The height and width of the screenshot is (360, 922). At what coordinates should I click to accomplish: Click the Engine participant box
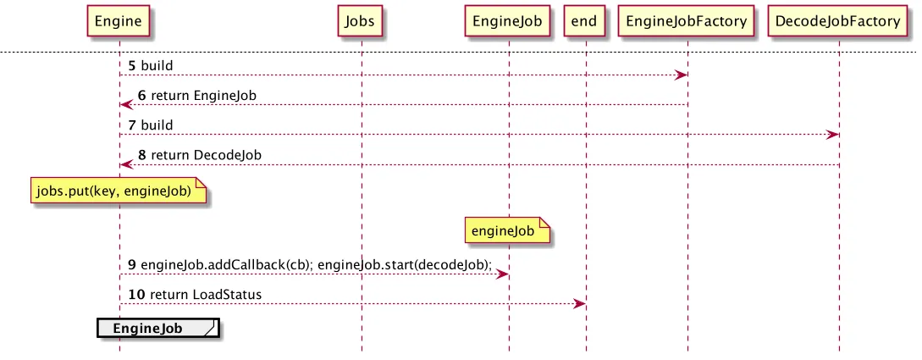[x=119, y=22]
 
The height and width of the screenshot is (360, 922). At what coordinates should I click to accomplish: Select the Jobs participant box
[x=360, y=22]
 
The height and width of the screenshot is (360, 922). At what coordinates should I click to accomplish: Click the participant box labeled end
[x=584, y=22]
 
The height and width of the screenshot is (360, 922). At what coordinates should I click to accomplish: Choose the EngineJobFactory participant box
[x=686, y=22]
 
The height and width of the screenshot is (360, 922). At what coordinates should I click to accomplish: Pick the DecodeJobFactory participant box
[x=838, y=22]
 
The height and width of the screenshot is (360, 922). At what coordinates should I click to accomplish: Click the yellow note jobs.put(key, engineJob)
[x=119, y=191]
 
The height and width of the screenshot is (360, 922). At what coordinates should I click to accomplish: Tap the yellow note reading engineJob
[x=507, y=230]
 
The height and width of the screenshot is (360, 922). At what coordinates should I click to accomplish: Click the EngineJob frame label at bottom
[x=157, y=329]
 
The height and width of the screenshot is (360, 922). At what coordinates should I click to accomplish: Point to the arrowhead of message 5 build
[x=682, y=75]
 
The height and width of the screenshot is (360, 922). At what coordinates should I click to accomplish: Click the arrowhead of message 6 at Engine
[x=126, y=105]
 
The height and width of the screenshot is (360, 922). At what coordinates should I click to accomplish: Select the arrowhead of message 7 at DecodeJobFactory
[x=832, y=135]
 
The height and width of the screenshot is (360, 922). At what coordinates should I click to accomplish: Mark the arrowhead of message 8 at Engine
[x=126, y=164]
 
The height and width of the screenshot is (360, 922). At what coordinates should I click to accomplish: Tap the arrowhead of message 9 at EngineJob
[x=501, y=274]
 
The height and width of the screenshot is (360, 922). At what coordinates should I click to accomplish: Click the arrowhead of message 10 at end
[x=579, y=303]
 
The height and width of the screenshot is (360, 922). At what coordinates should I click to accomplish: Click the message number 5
[x=132, y=65]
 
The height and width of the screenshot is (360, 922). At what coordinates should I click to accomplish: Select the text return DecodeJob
[x=207, y=155]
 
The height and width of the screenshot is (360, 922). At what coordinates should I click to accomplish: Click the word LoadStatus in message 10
[x=227, y=294]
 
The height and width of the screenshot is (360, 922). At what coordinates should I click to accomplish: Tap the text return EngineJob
[x=203, y=95]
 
